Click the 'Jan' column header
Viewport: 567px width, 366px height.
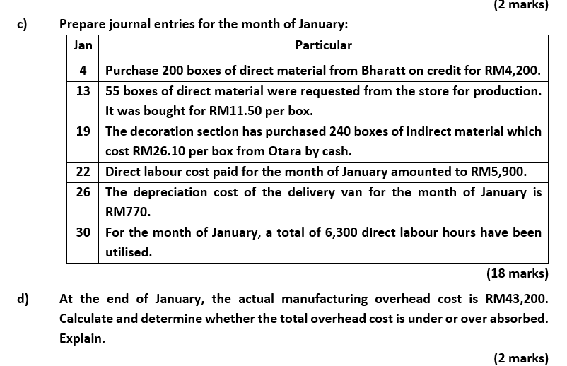pos(83,45)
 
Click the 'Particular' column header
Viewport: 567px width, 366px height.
pos(323,45)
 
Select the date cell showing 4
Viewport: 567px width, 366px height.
pos(83,71)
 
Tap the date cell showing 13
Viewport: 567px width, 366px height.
pos(83,91)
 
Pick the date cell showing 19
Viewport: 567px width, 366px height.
pos(83,131)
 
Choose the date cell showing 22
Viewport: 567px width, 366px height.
pos(83,172)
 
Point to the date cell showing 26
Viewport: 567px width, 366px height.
pos(83,192)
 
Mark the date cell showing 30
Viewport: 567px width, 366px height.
pos(83,232)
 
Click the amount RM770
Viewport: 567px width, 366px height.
pos(128,212)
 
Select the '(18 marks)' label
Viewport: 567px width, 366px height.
pos(517,273)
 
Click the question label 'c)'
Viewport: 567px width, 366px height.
pos(23,25)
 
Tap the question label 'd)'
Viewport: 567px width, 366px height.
pos(23,299)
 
